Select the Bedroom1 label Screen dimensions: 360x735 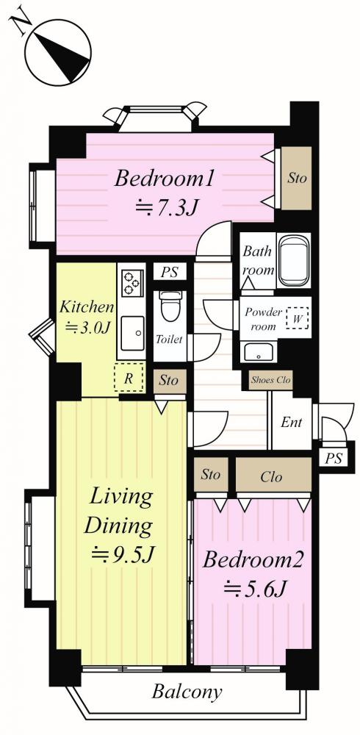pos(165,179)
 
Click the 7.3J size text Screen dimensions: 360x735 pos(165,207)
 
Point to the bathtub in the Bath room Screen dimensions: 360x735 pos(293,260)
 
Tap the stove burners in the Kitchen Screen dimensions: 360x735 pos(131,283)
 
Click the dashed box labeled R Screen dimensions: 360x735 pos(128,379)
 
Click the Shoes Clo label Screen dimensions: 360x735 pos(271,380)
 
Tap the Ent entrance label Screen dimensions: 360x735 pos(291,423)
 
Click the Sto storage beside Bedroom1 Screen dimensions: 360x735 pos(297,179)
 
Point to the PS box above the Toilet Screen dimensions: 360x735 pos(170,272)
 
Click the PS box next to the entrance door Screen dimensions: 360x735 pos(334,458)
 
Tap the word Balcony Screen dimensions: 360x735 pos(187,692)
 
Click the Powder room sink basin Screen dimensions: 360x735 pos(259,351)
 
